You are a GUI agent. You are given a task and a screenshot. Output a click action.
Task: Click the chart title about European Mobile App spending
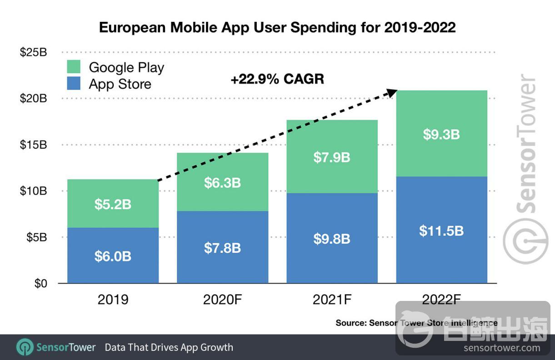277,27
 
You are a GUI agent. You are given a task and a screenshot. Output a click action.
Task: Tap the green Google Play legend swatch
73,67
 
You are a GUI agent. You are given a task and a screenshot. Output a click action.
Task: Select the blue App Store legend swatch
73,84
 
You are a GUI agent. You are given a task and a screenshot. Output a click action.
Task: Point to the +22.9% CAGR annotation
277,79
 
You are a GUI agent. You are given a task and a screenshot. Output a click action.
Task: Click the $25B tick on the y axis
33,52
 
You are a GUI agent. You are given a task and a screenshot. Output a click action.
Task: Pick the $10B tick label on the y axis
33,191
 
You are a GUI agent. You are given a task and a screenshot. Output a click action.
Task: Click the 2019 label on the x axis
113,300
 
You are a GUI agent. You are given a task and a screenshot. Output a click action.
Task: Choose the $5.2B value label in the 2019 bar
113,205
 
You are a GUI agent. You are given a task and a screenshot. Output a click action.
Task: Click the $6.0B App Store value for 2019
113,256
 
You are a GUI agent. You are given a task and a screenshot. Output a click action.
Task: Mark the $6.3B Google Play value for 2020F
222,183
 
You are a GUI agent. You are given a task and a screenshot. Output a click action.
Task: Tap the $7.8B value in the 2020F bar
222,248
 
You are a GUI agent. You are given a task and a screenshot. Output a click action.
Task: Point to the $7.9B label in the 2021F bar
332,157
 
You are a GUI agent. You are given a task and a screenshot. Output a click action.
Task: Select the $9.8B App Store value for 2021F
332,239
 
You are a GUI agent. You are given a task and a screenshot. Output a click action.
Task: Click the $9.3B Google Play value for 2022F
441,135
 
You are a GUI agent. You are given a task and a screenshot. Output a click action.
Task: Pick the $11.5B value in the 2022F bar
441,230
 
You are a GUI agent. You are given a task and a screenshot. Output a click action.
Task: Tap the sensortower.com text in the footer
502,348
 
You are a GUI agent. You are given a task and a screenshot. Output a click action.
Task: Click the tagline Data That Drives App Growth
169,348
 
